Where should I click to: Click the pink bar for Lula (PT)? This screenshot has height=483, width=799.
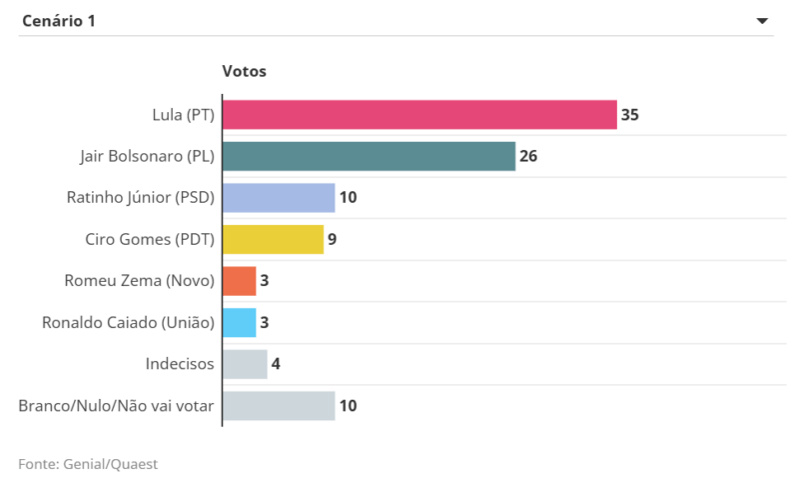click(419, 115)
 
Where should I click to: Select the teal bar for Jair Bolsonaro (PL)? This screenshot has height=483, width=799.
click(369, 156)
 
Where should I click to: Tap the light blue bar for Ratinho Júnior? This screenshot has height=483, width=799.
click(279, 198)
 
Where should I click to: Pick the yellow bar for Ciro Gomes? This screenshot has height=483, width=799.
click(273, 240)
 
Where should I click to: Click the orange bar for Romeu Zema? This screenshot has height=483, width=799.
click(240, 281)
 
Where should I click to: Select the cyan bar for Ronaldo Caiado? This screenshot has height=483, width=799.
click(240, 323)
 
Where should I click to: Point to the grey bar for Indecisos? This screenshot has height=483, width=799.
click(245, 364)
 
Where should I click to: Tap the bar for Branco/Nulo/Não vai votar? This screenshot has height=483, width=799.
click(279, 406)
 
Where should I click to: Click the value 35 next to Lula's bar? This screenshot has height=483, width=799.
click(629, 115)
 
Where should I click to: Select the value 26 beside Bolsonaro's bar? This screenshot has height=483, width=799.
click(528, 156)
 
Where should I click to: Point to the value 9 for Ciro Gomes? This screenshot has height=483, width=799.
click(332, 240)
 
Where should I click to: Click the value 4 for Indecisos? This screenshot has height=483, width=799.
click(276, 364)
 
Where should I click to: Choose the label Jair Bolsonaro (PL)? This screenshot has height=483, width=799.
click(147, 156)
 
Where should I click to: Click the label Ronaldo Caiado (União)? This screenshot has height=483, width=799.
click(128, 323)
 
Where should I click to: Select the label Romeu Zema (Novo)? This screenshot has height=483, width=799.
click(141, 281)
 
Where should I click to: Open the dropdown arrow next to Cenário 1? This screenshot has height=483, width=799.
click(762, 20)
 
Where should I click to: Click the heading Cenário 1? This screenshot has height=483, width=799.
click(59, 20)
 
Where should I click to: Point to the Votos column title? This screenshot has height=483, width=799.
click(244, 72)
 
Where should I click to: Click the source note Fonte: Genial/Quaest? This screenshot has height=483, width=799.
click(88, 464)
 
